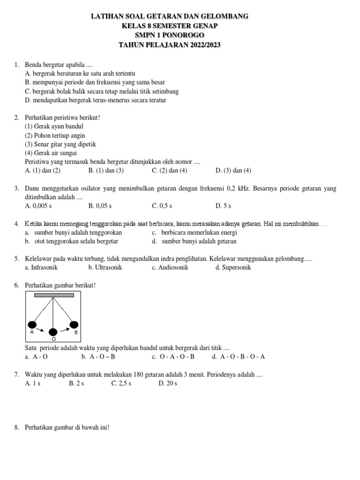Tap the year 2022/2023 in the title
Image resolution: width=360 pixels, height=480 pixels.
tap(199, 45)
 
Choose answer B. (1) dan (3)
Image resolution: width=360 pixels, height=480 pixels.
tap(105, 171)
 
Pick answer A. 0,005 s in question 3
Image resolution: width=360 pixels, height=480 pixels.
tap(38, 205)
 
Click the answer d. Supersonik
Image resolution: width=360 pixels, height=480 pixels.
tap(233, 267)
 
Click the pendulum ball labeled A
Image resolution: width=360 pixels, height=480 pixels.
tap(32, 324)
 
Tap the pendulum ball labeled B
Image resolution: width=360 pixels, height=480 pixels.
tap(74, 324)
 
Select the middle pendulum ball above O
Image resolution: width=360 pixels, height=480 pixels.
tap(53, 332)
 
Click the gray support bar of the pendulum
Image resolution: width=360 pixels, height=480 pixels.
tap(53, 296)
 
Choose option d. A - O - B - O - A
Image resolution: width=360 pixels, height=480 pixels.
tap(239, 357)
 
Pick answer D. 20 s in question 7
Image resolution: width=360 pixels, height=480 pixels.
tap(168, 383)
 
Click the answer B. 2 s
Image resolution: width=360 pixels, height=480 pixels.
tap(76, 383)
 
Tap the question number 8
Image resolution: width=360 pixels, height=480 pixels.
tap(16, 427)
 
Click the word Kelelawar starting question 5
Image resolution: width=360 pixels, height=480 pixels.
tap(39, 259)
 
